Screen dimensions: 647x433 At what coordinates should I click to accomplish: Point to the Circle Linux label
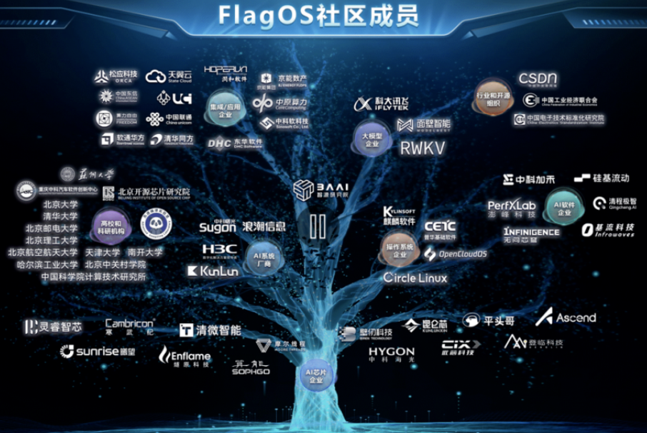tap(416, 277)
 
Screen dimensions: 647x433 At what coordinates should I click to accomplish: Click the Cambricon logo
tap(129, 326)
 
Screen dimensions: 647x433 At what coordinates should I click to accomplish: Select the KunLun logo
tap(212, 271)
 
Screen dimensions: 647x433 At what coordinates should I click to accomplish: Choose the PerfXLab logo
tap(511, 208)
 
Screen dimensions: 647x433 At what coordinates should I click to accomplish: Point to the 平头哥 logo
tap(488, 321)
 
